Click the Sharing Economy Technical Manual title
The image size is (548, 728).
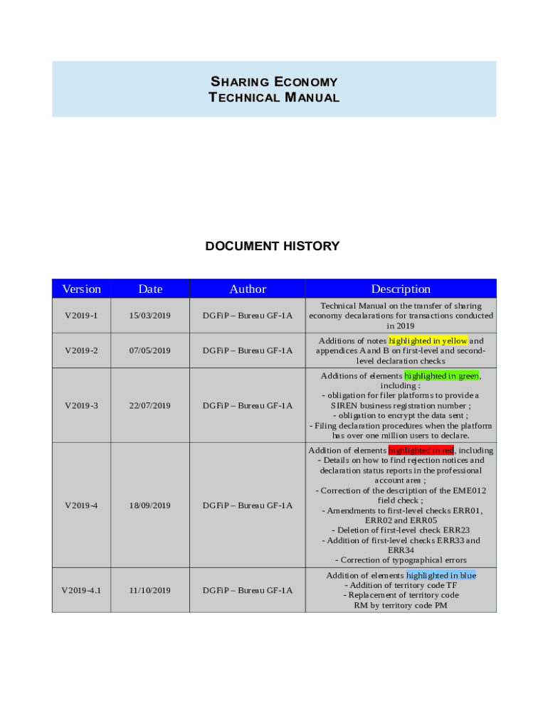(x=274, y=89)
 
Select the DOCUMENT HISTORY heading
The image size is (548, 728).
(x=273, y=246)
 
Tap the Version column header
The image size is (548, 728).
(x=82, y=289)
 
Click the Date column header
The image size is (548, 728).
(x=150, y=289)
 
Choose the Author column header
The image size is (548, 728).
(x=248, y=289)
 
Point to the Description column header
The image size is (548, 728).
(x=401, y=289)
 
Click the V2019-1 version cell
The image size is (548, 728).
(x=82, y=316)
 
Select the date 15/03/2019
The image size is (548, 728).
(x=150, y=316)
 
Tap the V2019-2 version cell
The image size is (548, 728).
(x=82, y=350)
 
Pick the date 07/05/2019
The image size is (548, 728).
(x=150, y=350)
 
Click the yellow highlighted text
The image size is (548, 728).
(x=428, y=341)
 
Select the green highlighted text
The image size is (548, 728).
(x=441, y=375)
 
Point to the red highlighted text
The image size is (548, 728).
(x=421, y=450)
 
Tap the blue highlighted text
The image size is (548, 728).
(x=441, y=575)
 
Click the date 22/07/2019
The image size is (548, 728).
(x=150, y=406)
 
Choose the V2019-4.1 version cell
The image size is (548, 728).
(x=82, y=590)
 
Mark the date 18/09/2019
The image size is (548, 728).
(x=150, y=505)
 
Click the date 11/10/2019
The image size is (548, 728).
(x=150, y=590)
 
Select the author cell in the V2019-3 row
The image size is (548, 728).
(x=248, y=406)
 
